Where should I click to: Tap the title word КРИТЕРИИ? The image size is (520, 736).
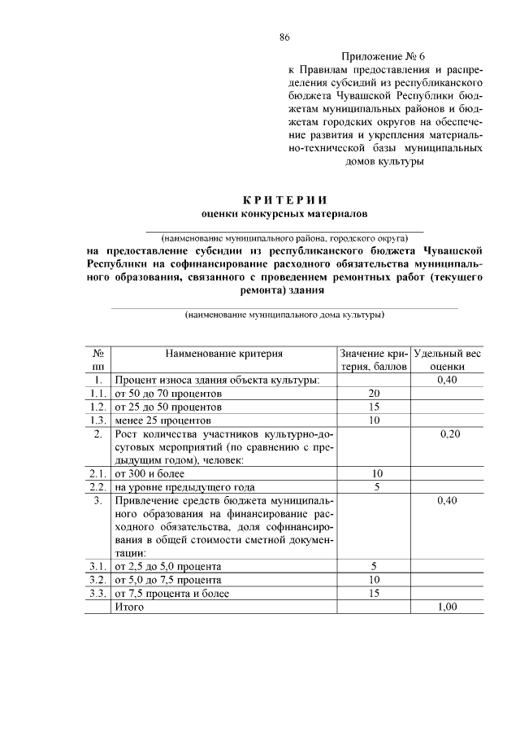click(x=284, y=200)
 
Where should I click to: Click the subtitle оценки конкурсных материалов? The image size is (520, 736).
click(x=284, y=214)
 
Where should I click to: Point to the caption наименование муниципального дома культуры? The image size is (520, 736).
click(x=284, y=314)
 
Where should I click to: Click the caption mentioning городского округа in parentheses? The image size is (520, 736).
click(x=284, y=237)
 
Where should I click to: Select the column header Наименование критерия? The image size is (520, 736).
click(x=224, y=354)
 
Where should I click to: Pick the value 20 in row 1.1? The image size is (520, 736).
click(x=375, y=393)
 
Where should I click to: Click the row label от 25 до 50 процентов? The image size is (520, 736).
click(x=168, y=407)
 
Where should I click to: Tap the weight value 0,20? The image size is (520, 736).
click(x=449, y=434)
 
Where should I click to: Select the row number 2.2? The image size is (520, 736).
click(x=97, y=487)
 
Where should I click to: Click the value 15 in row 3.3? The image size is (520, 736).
click(x=375, y=594)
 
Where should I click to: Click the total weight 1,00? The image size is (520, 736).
click(x=448, y=608)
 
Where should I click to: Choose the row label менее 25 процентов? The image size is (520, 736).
click(x=162, y=420)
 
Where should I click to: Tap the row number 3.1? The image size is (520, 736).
click(x=97, y=566)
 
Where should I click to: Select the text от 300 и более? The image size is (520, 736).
click(x=149, y=473)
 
